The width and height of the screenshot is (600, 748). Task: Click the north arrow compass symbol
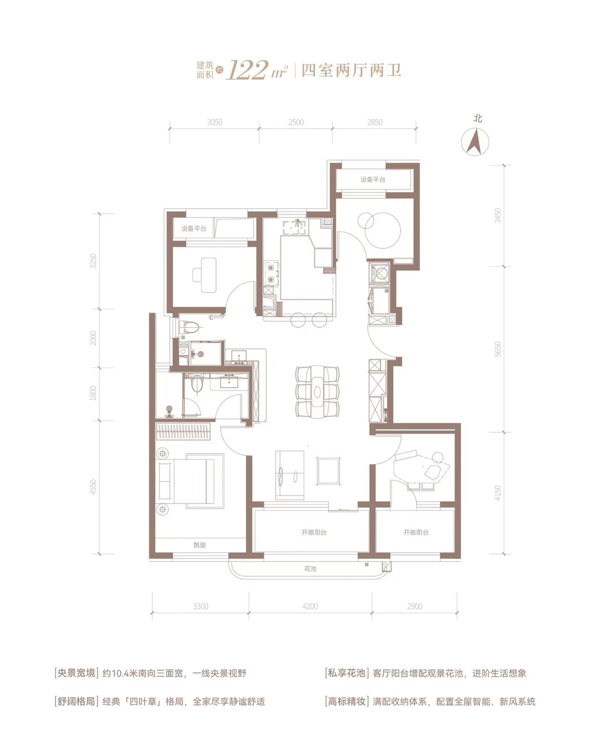[x=474, y=142]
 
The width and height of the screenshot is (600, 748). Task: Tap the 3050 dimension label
[x=214, y=122]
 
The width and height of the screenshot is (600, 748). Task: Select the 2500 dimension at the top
[x=296, y=122]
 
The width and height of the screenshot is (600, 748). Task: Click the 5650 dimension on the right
[x=498, y=349]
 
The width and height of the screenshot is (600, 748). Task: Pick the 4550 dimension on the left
[x=93, y=487]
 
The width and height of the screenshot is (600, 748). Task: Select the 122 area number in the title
[x=247, y=70]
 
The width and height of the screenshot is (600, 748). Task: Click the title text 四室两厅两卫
[x=351, y=70]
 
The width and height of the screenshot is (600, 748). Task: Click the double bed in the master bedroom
[x=191, y=481]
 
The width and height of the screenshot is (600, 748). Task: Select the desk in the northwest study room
[x=204, y=275]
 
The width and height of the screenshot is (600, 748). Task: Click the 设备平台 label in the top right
[x=373, y=179]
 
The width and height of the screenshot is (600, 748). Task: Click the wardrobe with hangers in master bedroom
[x=183, y=431]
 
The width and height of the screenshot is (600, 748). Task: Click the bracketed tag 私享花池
[x=346, y=673]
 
